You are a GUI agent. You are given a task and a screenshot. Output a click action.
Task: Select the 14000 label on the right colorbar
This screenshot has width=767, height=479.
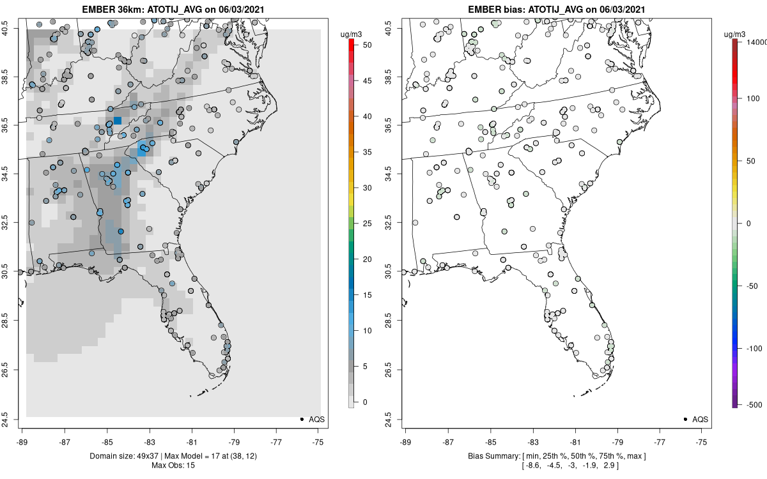[756, 42]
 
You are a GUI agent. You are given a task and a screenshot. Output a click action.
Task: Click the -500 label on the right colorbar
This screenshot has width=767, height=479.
[755, 404]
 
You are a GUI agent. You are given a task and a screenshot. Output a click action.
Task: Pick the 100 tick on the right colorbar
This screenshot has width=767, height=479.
[755, 98]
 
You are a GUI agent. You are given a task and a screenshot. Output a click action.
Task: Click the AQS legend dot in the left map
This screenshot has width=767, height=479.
[301, 419]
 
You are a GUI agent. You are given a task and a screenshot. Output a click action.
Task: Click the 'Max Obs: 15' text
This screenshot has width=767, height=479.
[173, 465]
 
